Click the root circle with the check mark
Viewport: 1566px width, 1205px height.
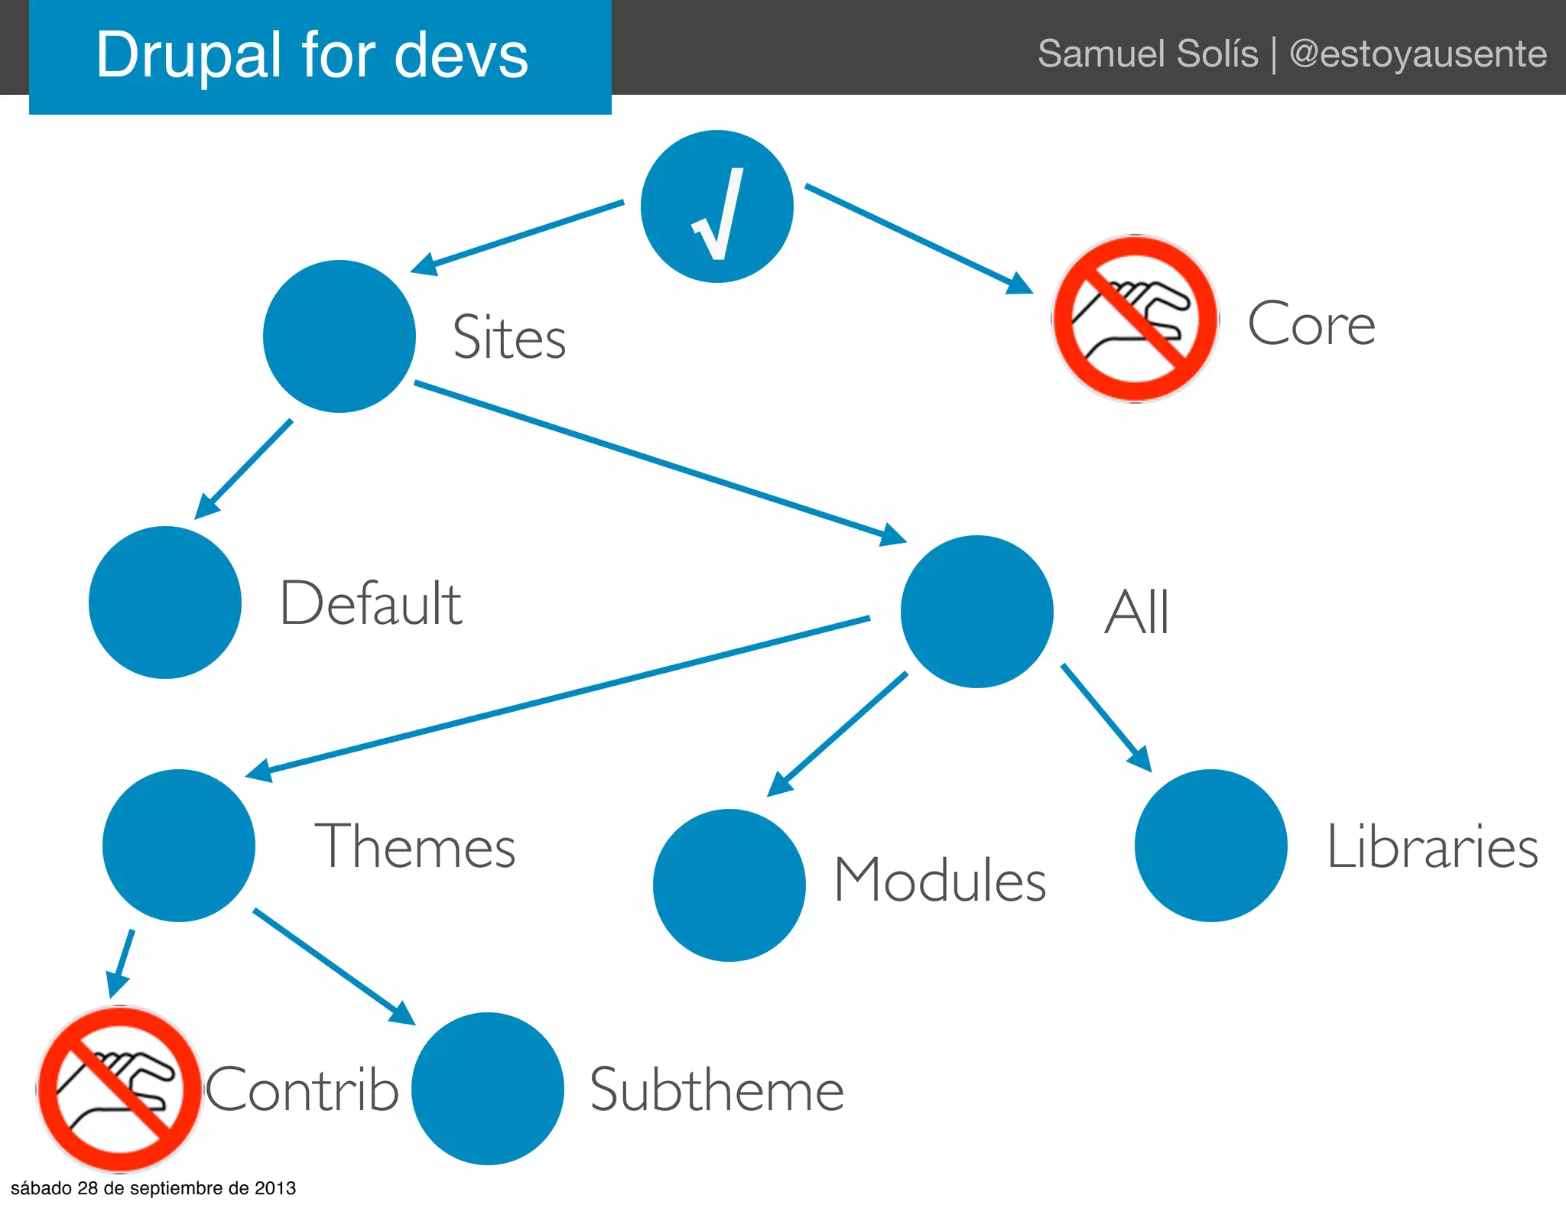click(x=716, y=206)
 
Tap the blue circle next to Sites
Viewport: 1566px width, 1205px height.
click(x=339, y=336)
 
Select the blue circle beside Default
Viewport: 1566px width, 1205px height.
click(x=165, y=602)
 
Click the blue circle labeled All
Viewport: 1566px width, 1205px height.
click(x=976, y=612)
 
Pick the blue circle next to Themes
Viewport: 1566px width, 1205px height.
click(x=179, y=846)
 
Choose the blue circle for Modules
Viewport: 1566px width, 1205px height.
click(x=729, y=885)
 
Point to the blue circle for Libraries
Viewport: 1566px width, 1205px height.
click(x=1210, y=846)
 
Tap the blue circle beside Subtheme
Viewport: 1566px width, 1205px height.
click(x=488, y=1089)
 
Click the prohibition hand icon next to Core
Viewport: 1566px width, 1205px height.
click(x=1135, y=319)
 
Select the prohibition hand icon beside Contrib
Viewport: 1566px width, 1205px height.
click(x=119, y=1089)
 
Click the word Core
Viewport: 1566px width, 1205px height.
click(x=1311, y=324)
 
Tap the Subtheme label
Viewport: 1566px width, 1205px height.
click(x=716, y=1090)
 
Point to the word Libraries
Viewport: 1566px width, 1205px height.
click(x=1431, y=847)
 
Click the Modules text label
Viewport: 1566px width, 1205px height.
click(x=940, y=880)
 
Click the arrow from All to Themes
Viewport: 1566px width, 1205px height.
click(x=558, y=696)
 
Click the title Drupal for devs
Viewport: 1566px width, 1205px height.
click(x=312, y=55)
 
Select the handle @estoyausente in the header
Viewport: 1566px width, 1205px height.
click(x=1418, y=54)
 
